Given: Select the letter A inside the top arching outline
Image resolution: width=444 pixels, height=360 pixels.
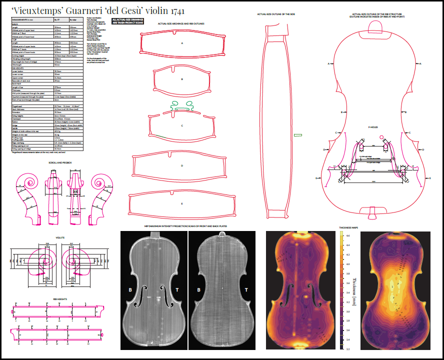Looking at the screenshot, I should pyautogui.click(x=182, y=43).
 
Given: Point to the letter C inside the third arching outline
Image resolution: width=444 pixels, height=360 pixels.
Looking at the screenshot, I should pyautogui.click(x=182, y=125).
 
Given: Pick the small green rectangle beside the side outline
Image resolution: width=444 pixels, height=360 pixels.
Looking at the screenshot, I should pyautogui.click(x=298, y=134).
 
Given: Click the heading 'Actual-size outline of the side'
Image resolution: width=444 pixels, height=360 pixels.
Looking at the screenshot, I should pyautogui.click(x=275, y=14).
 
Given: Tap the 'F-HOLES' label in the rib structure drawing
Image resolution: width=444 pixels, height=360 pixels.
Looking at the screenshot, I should pyautogui.click(x=373, y=127).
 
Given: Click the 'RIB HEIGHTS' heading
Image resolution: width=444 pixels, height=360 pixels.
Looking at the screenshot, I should pyautogui.click(x=60, y=299).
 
